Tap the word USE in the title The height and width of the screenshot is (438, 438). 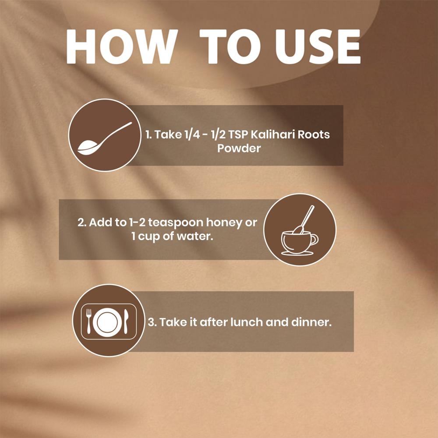click(318, 46)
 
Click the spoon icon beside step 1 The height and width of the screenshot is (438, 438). click(105, 138)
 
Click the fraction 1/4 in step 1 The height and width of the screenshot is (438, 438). click(192, 134)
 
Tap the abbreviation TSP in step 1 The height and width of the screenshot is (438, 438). click(238, 134)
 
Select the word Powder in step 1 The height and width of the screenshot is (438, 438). click(239, 148)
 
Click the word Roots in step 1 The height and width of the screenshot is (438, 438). click(314, 134)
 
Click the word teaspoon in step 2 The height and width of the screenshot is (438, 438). click(176, 223)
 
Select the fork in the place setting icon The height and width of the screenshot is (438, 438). click(89, 321)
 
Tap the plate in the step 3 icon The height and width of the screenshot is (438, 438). click(107, 322)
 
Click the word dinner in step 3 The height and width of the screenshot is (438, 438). click(311, 322)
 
